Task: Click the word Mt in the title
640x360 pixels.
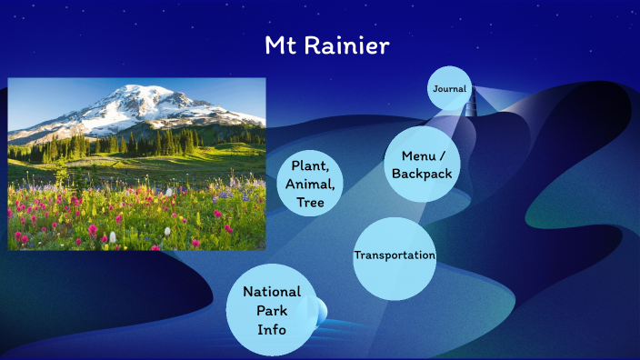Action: [279, 45]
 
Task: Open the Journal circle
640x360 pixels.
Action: [449, 89]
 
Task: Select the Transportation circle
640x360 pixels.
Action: [395, 255]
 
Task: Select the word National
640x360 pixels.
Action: [272, 291]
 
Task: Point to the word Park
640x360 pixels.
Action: [271, 310]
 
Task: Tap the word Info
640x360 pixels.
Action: [271, 329]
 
